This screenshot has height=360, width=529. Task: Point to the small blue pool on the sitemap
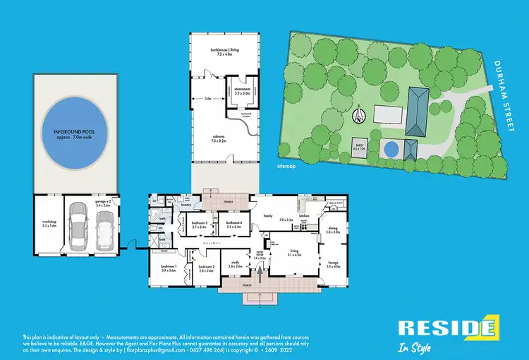(389, 149)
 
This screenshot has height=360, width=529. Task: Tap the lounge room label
(333, 265)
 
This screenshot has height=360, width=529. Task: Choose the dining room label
(333, 230)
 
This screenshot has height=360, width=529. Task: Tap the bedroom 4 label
(235, 225)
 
